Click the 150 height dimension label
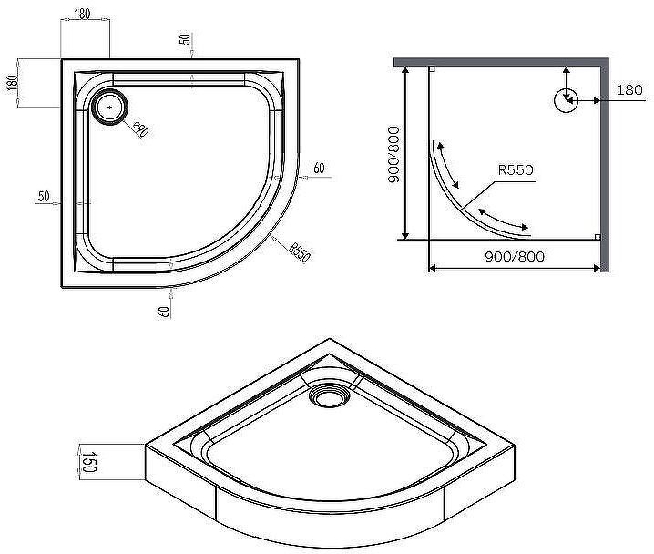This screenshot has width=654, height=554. (88, 461)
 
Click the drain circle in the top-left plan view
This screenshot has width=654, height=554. (111, 107)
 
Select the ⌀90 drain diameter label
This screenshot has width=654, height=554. (140, 130)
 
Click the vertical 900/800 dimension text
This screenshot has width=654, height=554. (393, 155)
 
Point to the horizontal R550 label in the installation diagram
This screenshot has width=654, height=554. (515, 170)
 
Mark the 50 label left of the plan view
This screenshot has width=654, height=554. (44, 197)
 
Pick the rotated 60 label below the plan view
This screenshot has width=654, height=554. (164, 310)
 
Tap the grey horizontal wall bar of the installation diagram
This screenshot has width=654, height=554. (501, 60)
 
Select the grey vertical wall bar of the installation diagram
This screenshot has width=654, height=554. (604, 164)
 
